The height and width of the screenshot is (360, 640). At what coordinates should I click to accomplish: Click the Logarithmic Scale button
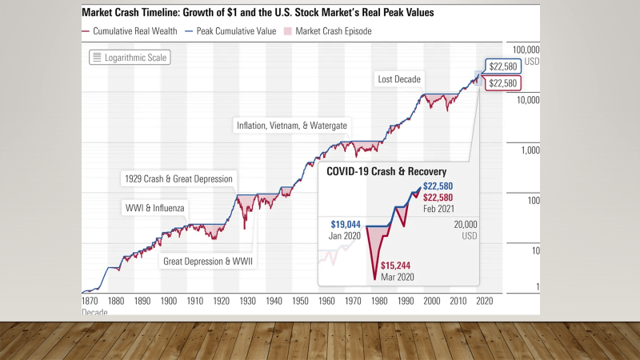click(129, 57)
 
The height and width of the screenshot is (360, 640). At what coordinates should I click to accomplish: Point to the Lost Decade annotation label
click(400, 79)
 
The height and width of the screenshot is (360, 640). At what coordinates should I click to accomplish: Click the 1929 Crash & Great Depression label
click(178, 178)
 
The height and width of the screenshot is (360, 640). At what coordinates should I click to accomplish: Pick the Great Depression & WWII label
click(206, 261)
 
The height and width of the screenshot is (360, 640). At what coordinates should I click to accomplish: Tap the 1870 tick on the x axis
click(90, 301)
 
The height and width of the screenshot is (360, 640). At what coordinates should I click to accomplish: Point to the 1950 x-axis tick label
click(300, 301)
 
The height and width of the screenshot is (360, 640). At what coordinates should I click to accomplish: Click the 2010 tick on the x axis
click(457, 301)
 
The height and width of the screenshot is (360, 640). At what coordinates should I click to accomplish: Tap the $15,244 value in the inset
click(398, 266)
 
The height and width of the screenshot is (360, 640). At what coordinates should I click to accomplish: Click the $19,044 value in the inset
click(347, 225)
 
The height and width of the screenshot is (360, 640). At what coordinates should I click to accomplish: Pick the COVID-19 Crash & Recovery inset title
click(385, 171)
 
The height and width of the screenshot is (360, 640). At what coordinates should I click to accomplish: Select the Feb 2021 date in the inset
click(439, 208)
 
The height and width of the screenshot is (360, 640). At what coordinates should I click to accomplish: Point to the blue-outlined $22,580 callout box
click(503, 66)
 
